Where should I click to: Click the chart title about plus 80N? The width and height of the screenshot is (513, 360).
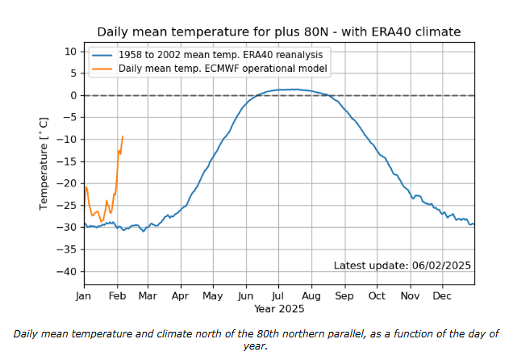pyautogui.click(x=278, y=32)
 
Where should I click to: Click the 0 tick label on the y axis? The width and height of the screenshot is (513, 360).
pyautogui.click(x=73, y=95)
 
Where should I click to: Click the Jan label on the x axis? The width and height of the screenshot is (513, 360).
pyautogui.click(x=84, y=295)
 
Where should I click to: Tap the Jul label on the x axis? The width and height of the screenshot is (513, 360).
pyautogui.click(x=278, y=295)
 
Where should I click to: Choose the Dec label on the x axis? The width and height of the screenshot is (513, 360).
pyautogui.click(x=442, y=295)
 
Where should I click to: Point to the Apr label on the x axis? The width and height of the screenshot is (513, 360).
pyautogui.click(x=180, y=295)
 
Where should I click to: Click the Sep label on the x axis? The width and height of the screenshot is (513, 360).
pyautogui.click(x=344, y=295)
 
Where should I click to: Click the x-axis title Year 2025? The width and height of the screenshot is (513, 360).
pyautogui.click(x=278, y=309)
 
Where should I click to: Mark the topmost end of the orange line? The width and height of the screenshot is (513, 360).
pyautogui.click(x=123, y=136)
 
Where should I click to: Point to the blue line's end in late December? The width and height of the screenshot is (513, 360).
pyautogui.click(x=473, y=224)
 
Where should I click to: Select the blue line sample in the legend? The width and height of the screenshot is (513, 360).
pyautogui.click(x=102, y=54)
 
